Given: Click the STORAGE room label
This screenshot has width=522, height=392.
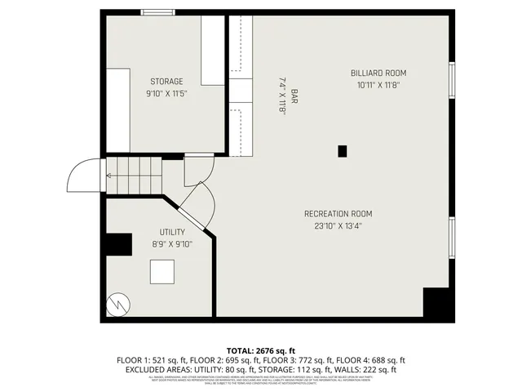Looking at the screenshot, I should point(166,81).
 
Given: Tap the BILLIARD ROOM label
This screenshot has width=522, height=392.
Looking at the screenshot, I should point(378,73).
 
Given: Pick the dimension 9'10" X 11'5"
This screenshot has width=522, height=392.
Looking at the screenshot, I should point(166,93).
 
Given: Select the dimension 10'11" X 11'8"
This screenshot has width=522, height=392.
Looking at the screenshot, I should point(378,84).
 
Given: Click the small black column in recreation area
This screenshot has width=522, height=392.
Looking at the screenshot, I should point(343,150).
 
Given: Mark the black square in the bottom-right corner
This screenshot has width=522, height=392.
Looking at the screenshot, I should point(437,303).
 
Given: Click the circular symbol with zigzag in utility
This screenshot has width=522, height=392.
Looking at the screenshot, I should point(117,305).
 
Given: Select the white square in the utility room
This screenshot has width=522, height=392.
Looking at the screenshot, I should point(161,271).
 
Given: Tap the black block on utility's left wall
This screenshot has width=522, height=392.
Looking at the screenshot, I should point(119,244).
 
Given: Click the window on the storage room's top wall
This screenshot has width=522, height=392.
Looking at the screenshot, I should point(152,12).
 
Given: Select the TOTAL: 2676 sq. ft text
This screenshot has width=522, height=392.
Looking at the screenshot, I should point(261,349).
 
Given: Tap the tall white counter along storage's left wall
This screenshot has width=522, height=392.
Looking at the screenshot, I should point(117,110).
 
